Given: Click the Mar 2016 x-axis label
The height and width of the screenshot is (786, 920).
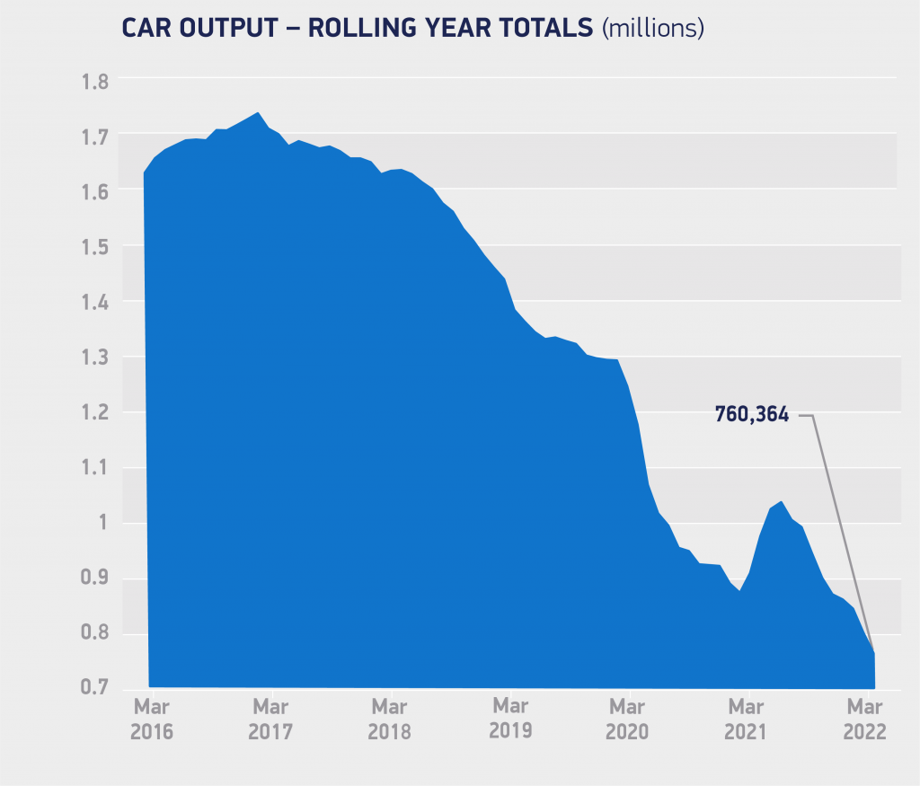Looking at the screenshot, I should [152, 718].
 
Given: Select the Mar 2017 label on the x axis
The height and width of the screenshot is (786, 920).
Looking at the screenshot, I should [270, 718].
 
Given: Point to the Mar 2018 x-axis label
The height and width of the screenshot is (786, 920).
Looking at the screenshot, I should [389, 718].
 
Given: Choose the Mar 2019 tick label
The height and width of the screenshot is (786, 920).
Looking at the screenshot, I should [509, 717].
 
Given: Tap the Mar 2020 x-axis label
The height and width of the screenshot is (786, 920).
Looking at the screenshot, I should [627, 718].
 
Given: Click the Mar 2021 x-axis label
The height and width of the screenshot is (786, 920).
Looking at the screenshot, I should [747, 718].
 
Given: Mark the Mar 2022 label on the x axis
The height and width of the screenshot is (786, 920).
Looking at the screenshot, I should [864, 718].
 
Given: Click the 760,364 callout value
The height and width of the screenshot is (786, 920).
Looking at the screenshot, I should [751, 415].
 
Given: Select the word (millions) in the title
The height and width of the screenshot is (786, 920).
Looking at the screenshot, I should [652, 28].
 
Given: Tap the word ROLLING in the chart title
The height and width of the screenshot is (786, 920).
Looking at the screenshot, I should [358, 28].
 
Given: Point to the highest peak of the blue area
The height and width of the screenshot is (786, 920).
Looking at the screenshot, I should [258, 113].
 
